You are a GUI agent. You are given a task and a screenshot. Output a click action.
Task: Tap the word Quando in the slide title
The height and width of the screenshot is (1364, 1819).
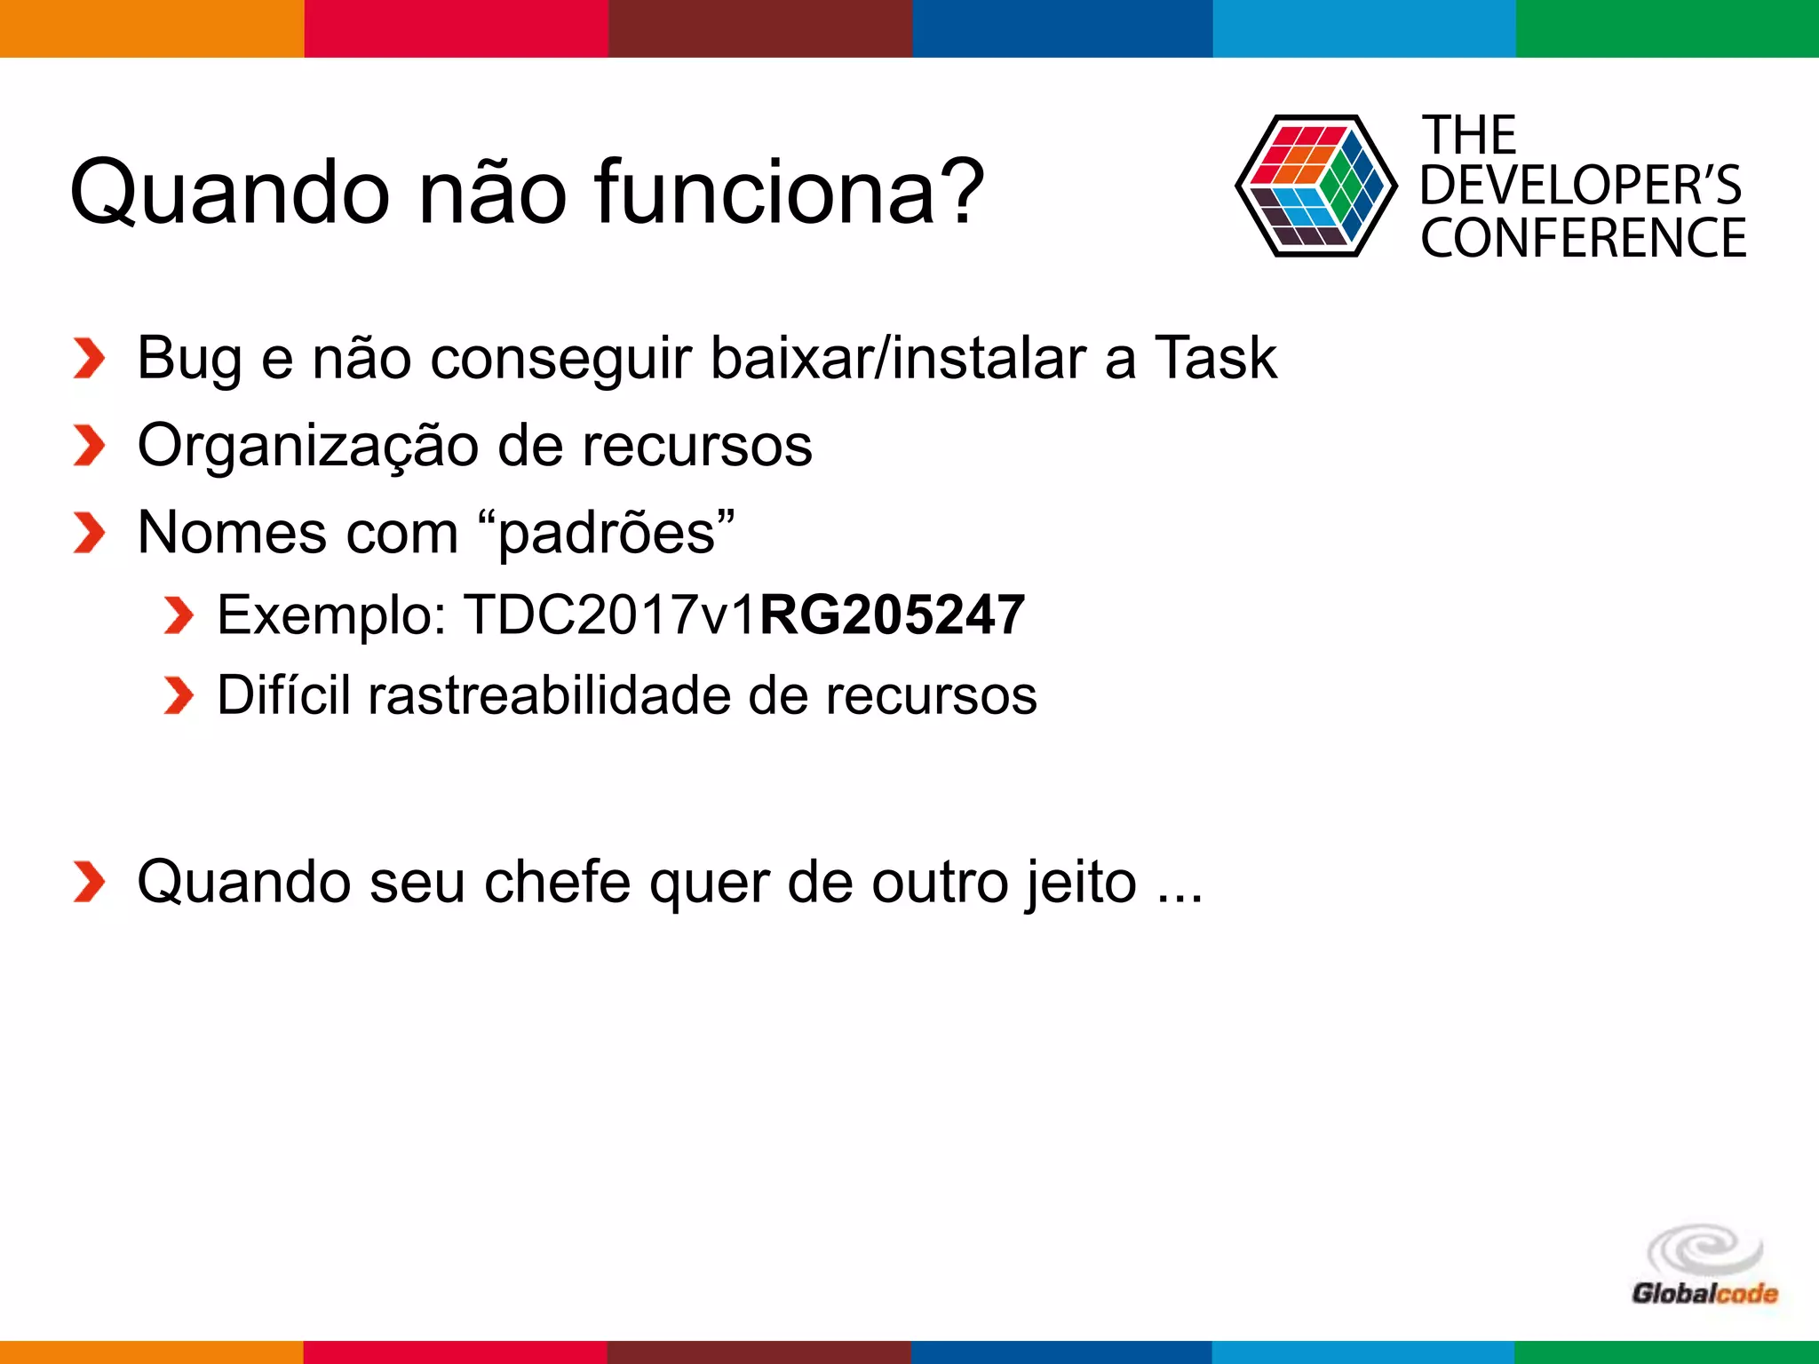coord(229,192)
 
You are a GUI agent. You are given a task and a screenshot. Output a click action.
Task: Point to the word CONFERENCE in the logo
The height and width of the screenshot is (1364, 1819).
coord(1583,238)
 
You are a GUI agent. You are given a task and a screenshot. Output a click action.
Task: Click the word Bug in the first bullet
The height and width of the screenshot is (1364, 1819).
coord(188,359)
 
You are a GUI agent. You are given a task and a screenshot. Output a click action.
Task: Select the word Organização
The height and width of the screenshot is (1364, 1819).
coord(307,446)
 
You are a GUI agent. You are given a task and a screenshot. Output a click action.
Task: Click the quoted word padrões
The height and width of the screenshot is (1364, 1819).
coord(606,533)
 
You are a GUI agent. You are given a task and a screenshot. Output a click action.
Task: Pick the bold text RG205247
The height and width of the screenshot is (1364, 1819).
coord(892,615)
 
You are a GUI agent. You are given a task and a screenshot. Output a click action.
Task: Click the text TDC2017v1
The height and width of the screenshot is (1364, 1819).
coord(611,615)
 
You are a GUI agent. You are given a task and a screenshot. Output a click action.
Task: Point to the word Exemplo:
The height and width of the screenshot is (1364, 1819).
coord(332,615)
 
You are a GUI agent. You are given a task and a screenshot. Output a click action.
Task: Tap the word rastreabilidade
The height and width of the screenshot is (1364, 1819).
coord(549,694)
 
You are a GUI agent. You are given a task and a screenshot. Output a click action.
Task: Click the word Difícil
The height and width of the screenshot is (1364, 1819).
coord(283,694)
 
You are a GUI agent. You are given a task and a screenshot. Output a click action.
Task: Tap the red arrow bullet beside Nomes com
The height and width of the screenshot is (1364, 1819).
coord(89,533)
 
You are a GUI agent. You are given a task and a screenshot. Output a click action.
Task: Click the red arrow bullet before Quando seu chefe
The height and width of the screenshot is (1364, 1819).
coord(89,882)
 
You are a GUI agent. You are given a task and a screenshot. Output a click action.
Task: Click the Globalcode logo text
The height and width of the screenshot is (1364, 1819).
coord(1704,1293)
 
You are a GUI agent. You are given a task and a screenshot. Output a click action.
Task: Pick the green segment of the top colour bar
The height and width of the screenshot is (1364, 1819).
coord(1667,28)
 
